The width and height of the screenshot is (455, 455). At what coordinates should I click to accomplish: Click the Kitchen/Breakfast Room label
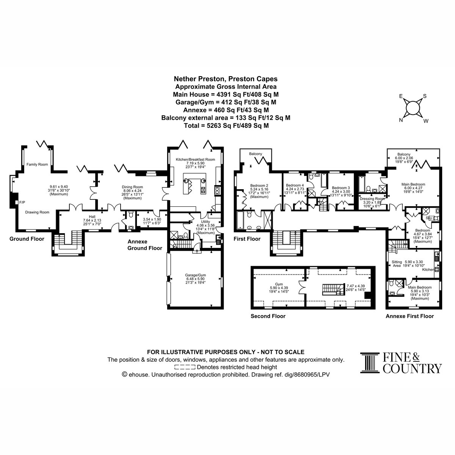point(195,159)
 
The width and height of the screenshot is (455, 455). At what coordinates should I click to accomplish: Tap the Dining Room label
point(132,187)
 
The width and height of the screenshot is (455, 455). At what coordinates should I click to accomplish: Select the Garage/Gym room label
point(195,275)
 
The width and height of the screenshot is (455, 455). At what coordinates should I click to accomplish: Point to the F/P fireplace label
point(22,202)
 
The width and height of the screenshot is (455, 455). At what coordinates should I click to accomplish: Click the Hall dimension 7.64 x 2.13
point(92,220)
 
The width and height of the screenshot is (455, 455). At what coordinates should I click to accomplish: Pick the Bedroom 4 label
point(295,185)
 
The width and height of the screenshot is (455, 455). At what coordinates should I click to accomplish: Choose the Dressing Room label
point(372,199)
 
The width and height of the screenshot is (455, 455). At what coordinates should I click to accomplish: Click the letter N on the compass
point(401,120)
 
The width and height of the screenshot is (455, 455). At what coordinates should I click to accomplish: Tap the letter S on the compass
point(425,96)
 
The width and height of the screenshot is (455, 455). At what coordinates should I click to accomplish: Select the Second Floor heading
point(268,316)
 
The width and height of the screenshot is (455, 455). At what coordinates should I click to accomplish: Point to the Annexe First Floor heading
point(409,316)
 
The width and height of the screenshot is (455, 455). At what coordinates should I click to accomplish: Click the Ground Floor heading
point(27,239)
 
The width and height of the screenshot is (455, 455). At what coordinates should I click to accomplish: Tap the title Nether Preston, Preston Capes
point(226,79)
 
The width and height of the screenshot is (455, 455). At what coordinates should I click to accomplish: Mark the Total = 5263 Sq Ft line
point(226,126)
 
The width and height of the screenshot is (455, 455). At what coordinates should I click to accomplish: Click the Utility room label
point(206,221)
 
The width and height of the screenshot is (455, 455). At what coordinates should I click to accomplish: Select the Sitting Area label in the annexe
point(397,264)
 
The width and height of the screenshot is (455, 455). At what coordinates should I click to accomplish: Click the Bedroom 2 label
point(259,185)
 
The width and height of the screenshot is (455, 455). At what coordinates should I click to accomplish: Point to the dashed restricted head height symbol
point(185,367)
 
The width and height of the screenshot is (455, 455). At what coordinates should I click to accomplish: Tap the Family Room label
point(37,164)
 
